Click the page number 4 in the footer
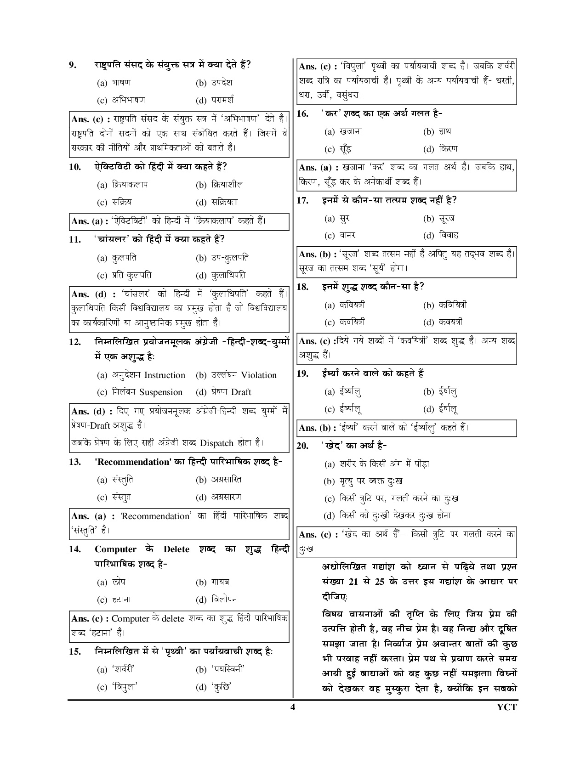tap(292, 707)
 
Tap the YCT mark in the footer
tap(507, 707)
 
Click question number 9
tap(72, 65)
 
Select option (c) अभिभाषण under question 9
tap(121, 100)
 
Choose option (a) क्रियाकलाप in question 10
tap(123, 185)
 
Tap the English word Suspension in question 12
tap(161, 392)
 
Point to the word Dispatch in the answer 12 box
tap(217, 443)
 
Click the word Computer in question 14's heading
tap(115, 549)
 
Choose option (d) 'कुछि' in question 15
tap(213, 687)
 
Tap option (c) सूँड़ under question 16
tap(339, 149)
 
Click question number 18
tap(302, 287)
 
